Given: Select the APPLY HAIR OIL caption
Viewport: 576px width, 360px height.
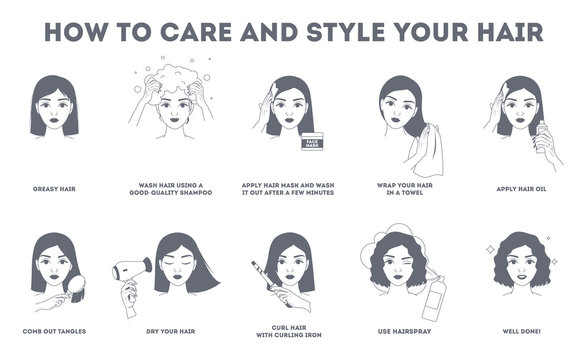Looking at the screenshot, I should (522, 186).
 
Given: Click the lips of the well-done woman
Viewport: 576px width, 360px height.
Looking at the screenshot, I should (522, 285).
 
